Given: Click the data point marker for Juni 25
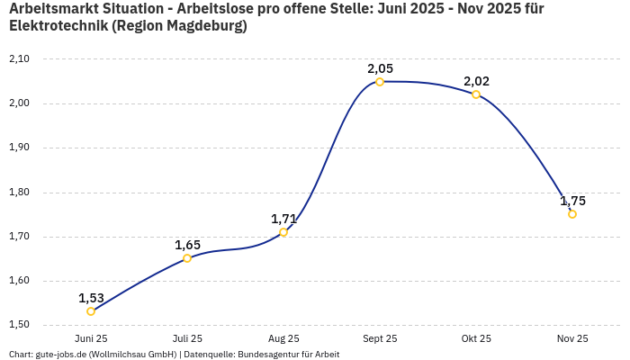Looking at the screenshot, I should point(91,311).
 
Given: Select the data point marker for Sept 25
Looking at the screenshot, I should point(380,82).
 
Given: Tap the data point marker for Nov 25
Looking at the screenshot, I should point(572,214).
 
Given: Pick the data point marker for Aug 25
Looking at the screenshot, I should point(283,232).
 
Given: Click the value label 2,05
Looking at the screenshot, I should point(380,68).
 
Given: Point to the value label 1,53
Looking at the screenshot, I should point(91,298).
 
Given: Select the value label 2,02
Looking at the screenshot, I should point(476,81).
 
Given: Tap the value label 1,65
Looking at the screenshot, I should point(187,245).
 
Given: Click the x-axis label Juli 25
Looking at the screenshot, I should point(187,338).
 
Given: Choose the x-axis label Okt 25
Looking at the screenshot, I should point(476,338).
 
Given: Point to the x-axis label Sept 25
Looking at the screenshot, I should point(380,338).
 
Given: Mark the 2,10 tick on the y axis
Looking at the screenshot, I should point(19,59).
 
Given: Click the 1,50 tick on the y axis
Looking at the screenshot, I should point(19,325).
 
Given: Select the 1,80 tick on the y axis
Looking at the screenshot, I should point(19,192).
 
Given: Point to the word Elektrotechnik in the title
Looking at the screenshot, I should point(58,26).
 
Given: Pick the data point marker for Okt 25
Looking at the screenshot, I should point(476,94).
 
